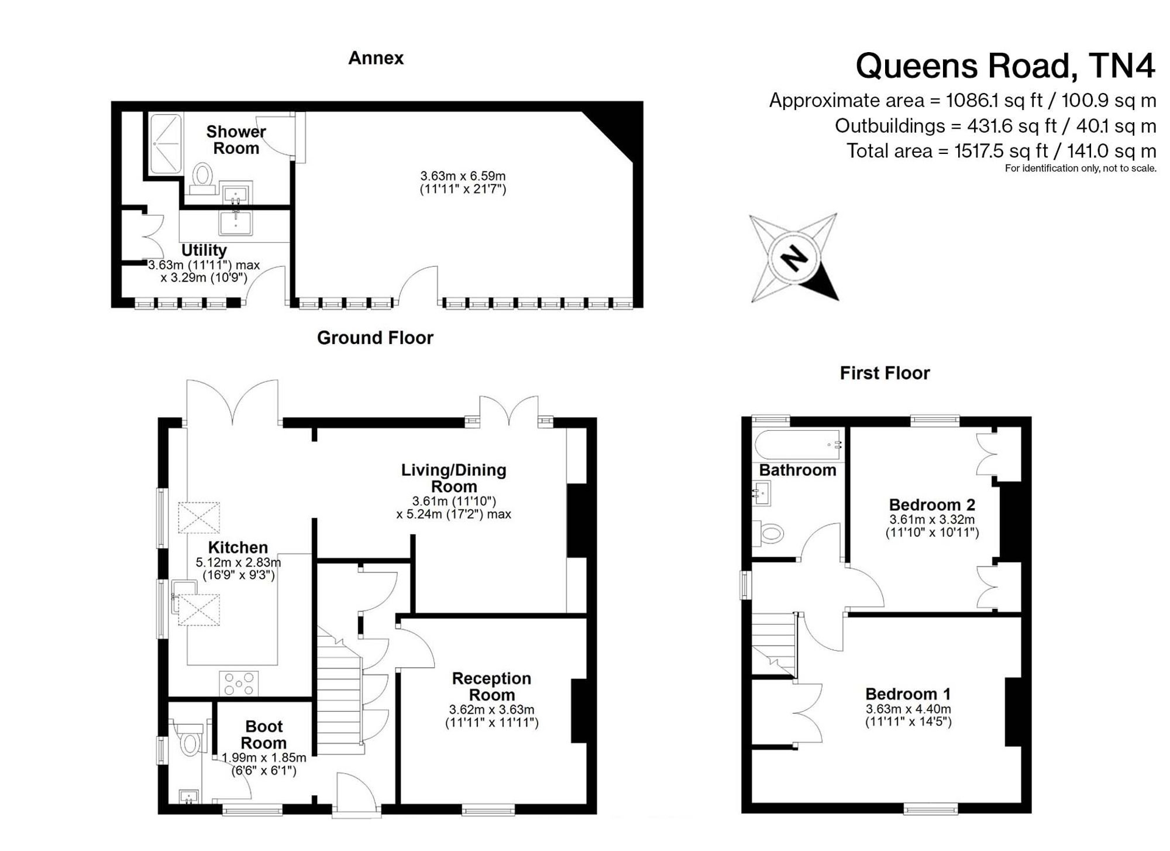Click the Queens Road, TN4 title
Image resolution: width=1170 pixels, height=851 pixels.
click(1005, 66)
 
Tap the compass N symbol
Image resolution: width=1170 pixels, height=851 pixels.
click(794, 258)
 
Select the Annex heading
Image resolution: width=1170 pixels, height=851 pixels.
click(376, 58)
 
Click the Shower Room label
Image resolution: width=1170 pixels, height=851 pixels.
click(236, 140)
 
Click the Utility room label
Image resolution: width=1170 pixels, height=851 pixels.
click(204, 250)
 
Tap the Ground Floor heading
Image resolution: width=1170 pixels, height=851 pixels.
click(375, 338)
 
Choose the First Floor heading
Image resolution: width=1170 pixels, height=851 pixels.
click(885, 373)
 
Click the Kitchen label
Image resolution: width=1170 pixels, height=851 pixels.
click(238, 547)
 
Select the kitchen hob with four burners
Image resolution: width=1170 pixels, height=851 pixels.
click(238, 684)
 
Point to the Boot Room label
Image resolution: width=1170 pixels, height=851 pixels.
click(264, 735)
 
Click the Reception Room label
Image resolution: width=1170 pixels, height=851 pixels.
click(491, 687)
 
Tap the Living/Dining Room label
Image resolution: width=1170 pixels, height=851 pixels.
click(454, 478)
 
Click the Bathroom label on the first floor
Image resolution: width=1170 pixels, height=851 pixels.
click(797, 470)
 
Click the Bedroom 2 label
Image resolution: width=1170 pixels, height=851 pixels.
click(932, 505)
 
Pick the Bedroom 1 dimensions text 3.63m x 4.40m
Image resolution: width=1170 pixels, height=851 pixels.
click(908, 709)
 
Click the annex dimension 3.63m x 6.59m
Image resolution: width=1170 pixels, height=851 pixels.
click(463, 176)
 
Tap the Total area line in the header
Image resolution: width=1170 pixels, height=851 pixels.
click(1001, 151)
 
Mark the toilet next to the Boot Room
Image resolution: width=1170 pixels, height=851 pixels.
click(189, 739)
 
